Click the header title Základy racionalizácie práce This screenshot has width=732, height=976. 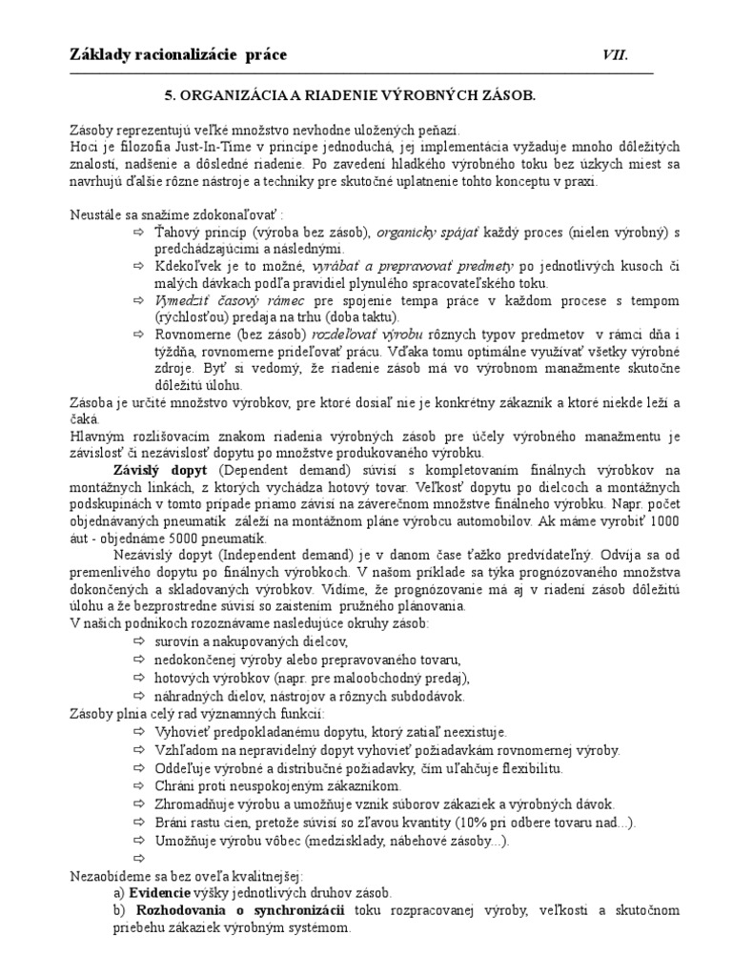tap(178, 54)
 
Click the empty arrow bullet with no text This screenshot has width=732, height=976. tap(140, 858)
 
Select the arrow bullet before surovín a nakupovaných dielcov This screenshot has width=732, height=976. tap(140, 641)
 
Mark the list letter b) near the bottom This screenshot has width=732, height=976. tap(120, 910)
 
